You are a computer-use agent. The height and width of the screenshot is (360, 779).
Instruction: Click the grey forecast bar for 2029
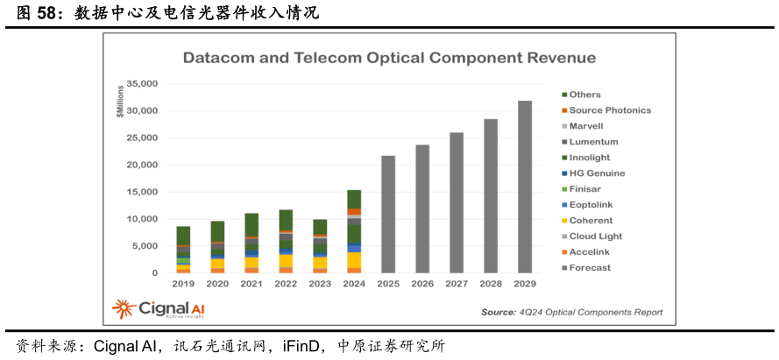pos(525,187)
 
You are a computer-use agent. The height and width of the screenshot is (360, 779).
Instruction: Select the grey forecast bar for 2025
pos(388,215)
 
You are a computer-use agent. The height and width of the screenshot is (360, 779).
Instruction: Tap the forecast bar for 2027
pos(457,202)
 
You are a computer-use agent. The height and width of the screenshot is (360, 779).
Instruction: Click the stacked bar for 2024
pos(354,231)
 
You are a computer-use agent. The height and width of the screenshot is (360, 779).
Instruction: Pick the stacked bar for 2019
pos(183,250)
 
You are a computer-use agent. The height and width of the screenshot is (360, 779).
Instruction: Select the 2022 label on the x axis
pos(286,285)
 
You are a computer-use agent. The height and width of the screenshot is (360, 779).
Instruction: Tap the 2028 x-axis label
pos(491,285)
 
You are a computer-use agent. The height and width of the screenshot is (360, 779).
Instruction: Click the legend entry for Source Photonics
pos(610,110)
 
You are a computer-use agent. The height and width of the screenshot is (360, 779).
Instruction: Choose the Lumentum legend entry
pos(593,142)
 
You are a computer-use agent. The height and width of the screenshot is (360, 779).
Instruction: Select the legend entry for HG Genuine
pos(597,173)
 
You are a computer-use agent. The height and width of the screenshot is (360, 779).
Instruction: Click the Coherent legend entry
pos(591,221)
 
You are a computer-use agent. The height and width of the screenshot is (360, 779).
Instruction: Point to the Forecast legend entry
pos(590,268)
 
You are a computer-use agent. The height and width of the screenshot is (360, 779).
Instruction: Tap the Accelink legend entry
pos(590,252)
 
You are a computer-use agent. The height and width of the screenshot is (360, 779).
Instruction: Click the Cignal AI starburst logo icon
pos(124,309)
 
